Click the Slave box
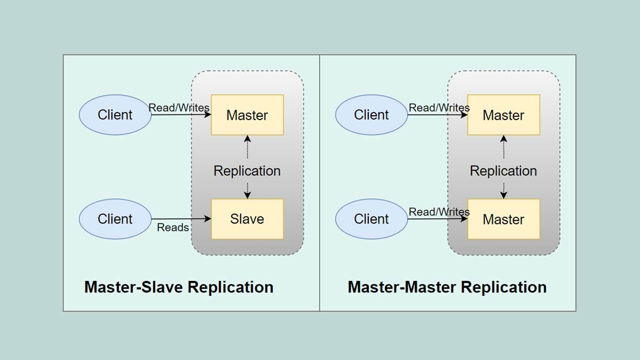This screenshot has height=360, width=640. [247, 219]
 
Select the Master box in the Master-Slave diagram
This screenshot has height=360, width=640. [247, 115]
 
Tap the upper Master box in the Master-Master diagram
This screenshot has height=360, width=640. [503, 115]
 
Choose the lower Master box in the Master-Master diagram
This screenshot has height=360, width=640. [503, 219]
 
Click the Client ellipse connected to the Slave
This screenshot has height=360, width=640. [115, 219]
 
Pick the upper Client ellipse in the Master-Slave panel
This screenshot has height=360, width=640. [115, 115]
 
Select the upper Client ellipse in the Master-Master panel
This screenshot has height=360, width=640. [371, 115]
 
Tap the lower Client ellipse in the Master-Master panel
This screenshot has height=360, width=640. [371, 219]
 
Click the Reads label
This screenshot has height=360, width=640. [172, 227]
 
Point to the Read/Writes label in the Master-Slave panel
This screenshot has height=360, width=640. [179, 108]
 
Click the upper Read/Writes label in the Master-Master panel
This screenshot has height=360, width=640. [439, 108]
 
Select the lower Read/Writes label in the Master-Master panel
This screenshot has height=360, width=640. [439, 212]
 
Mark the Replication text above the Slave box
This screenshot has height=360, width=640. [247, 171]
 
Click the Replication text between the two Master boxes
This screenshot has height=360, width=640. [503, 171]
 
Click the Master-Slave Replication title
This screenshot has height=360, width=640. [179, 287]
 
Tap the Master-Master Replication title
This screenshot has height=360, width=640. [447, 287]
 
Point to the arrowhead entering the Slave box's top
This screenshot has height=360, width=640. [247, 195]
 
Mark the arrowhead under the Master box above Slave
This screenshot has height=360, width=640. [247, 139]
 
